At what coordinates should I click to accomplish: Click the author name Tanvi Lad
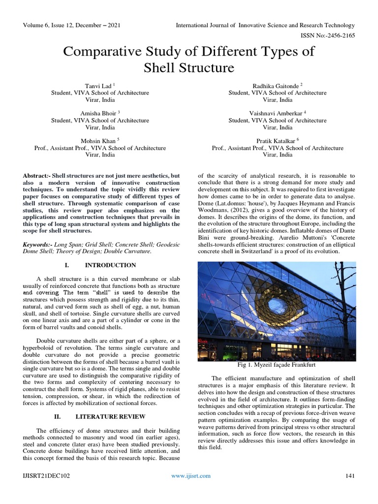coord(98,85)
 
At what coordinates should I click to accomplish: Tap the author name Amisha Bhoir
coord(98,113)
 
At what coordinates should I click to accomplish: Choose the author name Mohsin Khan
coord(98,140)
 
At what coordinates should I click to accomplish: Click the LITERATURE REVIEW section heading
coord(108,416)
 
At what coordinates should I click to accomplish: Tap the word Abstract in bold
coord(36,176)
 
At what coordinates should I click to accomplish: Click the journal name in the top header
coord(265,25)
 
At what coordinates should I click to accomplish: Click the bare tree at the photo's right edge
coord(345,295)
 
